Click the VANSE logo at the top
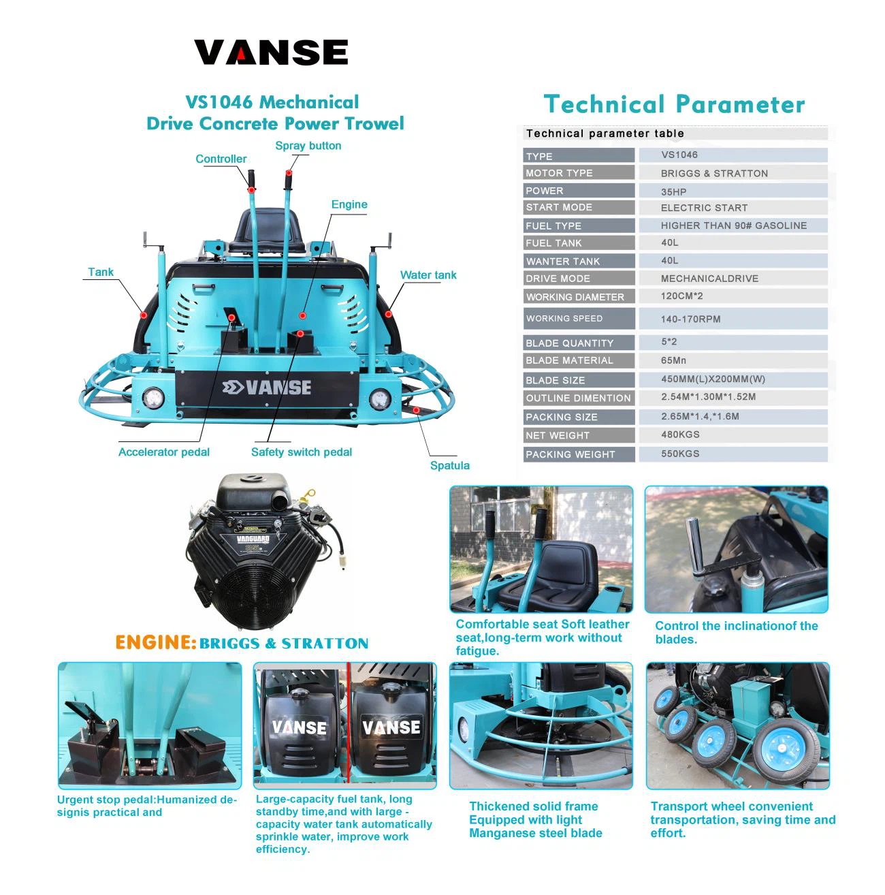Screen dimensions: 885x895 tap(270, 52)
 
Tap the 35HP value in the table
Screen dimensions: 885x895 tap(673, 191)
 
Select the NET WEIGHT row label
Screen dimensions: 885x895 tap(557, 435)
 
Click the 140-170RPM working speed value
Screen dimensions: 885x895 tap(690, 319)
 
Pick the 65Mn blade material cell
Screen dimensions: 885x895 tap(673, 360)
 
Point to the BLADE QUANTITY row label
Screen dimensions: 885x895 tap(569, 343)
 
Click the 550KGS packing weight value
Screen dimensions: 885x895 tap(679, 454)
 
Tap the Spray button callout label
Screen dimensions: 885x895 tap(308, 145)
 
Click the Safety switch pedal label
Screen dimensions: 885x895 tap(302, 452)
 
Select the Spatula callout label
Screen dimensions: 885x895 tap(449, 465)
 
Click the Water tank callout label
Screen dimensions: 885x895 tap(428, 274)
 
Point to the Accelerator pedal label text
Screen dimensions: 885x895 tap(164, 452)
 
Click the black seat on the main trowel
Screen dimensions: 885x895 tap(266, 230)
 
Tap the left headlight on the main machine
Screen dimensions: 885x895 tap(152, 398)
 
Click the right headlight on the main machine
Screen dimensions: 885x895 tap(380, 398)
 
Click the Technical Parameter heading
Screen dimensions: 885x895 tap(674, 104)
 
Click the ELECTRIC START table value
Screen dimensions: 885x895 tap(704, 208)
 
